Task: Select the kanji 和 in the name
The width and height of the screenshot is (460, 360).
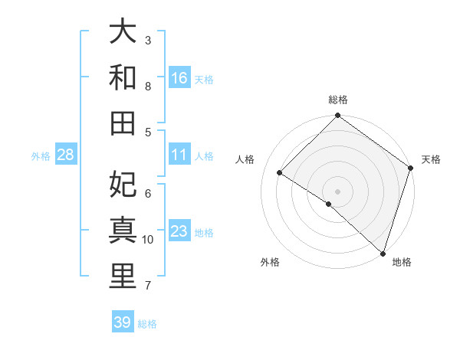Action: [123, 79]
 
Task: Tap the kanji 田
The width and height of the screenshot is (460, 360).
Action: [123, 123]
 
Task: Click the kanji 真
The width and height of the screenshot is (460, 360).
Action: [123, 232]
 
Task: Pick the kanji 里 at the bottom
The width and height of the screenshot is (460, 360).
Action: [123, 277]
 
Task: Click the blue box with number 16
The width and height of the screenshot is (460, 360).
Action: [179, 78]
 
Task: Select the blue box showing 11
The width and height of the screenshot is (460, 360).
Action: [179, 155]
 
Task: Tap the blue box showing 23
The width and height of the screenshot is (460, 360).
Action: [179, 232]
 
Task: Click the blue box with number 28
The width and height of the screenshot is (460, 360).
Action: [66, 155]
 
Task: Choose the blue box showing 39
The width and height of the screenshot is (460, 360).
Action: [123, 322]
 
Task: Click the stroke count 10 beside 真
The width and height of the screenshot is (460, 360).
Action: [148, 240]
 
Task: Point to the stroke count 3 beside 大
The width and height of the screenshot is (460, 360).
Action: [148, 40]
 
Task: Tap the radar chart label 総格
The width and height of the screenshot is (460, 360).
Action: [338, 100]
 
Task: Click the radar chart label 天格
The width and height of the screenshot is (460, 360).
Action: [432, 159]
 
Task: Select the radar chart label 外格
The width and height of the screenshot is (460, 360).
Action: [270, 262]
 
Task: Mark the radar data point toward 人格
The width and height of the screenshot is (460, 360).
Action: [280, 173]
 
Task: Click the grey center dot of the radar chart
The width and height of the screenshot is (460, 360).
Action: [337, 191]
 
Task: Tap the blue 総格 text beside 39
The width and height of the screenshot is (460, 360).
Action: [147, 324]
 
